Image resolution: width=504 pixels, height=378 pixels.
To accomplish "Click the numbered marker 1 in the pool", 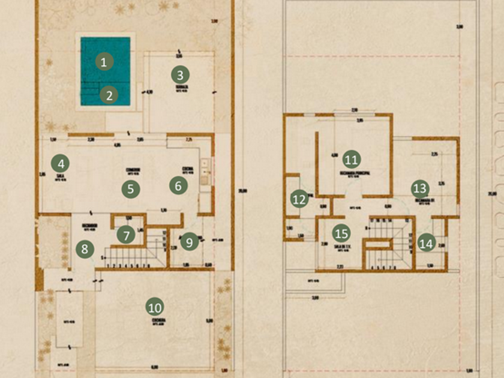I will click(104, 61).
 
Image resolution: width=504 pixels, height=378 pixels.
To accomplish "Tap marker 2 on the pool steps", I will click(109, 95).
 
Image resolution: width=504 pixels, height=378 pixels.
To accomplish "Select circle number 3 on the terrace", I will click(179, 75).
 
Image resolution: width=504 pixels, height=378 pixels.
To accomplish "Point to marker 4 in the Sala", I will click(59, 163).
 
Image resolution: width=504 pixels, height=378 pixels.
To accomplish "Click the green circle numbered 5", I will click(130, 188).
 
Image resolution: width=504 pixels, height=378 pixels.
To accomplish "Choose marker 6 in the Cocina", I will click(178, 185).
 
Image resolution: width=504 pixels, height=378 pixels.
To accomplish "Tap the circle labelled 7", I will click(126, 235).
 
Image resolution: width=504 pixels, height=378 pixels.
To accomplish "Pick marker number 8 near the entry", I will click(85, 249).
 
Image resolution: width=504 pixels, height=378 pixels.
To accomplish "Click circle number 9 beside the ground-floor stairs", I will click(189, 242).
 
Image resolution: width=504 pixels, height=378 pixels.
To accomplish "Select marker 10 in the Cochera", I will click(155, 307).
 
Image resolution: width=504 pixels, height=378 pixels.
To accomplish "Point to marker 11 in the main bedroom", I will click(351, 160).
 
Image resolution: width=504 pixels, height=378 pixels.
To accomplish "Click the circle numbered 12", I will click(299, 198).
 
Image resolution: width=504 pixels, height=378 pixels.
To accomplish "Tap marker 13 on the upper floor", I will click(420, 188).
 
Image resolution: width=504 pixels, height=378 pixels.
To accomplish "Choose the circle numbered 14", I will click(426, 243).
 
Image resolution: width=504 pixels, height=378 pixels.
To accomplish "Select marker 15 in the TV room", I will click(341, 233).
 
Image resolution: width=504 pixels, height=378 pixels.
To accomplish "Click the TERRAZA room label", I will click(182, 88).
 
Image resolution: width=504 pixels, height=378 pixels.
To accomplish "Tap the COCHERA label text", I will click(158, 320).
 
